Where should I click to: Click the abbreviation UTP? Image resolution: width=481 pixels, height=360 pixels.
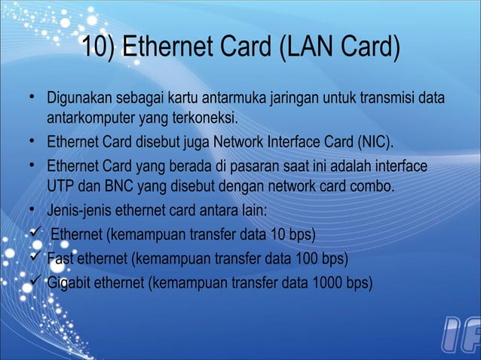point(60,185)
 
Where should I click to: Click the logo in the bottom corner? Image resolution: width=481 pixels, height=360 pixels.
point(458,337)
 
